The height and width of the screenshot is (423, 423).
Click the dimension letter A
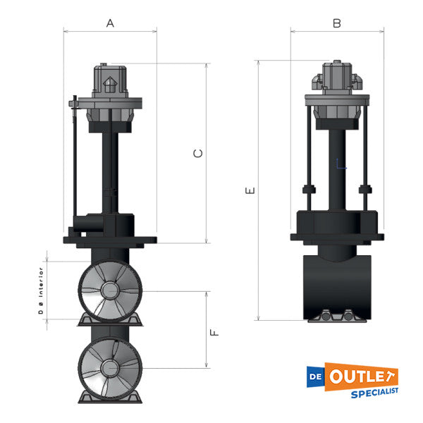110,23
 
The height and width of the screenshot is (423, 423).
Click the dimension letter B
337,23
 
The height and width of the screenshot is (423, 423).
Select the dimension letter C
198,153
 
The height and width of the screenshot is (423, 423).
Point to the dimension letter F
215,329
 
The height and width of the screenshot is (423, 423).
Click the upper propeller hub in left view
109,290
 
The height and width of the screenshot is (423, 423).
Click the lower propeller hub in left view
109,367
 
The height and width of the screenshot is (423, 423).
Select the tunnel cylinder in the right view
337,286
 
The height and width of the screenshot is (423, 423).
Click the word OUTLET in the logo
363,376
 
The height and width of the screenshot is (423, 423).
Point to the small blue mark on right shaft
341,166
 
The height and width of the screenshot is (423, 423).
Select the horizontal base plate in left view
109,240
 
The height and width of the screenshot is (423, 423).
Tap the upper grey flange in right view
337,99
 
